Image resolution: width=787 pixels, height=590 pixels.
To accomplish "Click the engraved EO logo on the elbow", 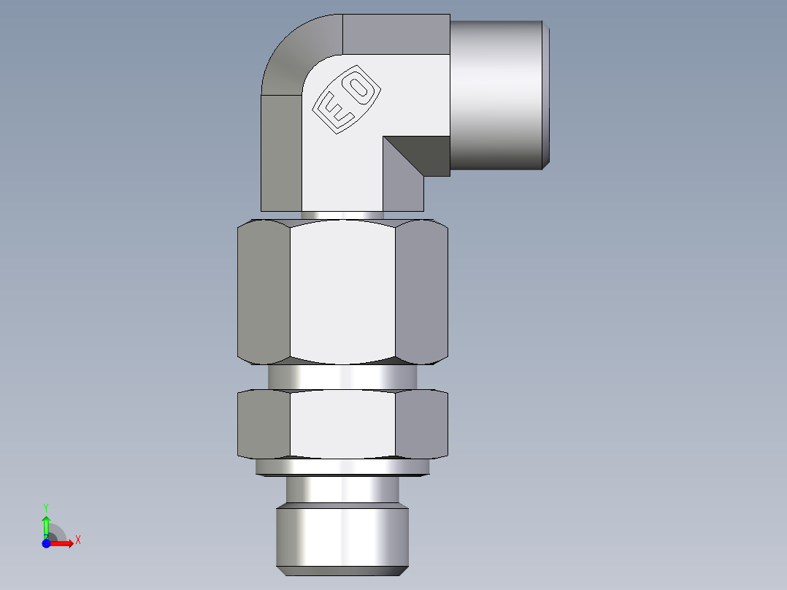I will pyautogui.click(x=348, y=102).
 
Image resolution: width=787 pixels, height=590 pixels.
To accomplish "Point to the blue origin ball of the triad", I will pyautogui.click(x=46, y=543).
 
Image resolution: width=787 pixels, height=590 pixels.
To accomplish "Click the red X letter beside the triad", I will pyautogui.click(x=77, y=540).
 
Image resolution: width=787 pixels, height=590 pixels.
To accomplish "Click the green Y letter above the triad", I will pyautogui.click(x=46, y=507).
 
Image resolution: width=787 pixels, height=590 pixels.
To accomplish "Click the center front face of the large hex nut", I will pyautogui.click(x=342, y=292).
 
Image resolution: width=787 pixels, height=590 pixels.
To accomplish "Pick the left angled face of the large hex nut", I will pyautogui.click(x=264, y=292).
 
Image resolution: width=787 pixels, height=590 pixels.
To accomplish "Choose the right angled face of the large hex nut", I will pyautogui.click(x=421, y=292).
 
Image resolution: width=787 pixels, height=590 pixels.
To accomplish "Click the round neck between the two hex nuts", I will pyautogui.click(x=342, y=377).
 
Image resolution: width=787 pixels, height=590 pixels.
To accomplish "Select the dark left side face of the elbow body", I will pyautogui.click(x=281, y=153).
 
